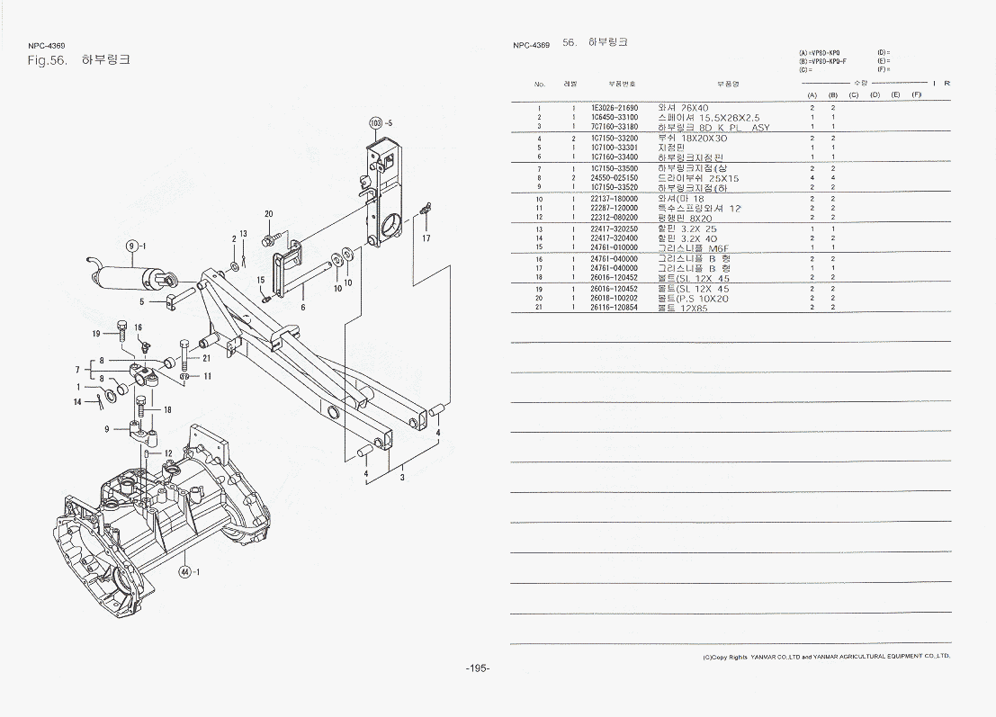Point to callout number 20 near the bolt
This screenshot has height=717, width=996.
pos(268,214)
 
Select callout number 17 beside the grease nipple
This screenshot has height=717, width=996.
pos(426,238)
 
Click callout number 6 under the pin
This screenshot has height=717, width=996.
pos(302,307)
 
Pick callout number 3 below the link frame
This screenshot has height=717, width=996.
pos(401,477)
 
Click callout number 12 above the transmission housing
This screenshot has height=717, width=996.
pos(167,453)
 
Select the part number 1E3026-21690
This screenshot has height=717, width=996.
pos(615,108)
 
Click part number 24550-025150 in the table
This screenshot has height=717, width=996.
pos(615,178)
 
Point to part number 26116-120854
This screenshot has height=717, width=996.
pos(615,308)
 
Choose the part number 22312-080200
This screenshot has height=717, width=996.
pos(615,218)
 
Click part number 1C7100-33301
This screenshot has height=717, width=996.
pos(615,148)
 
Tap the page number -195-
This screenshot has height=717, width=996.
pos(477,668)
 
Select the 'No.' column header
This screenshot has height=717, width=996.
pos(539,84)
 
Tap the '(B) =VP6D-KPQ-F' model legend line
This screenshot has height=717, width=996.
pos(822,61)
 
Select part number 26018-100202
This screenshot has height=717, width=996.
pos(615,298)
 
